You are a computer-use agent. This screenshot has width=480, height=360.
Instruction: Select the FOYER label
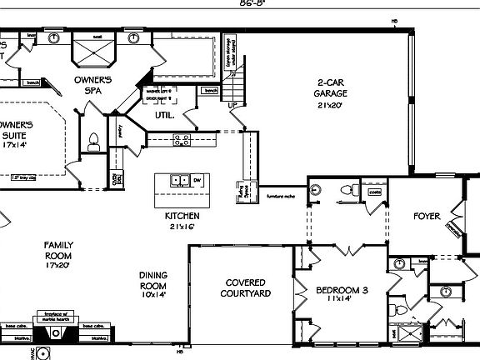427,217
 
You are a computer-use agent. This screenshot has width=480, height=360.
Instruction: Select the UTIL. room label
164,115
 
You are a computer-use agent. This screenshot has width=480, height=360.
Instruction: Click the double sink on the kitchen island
177,180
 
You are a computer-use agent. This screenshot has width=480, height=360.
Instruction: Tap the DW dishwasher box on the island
197,180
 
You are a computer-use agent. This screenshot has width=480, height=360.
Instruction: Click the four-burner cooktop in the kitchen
182,139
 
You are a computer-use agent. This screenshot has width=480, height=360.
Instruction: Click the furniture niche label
281,197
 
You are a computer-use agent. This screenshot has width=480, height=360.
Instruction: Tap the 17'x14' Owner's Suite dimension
15,145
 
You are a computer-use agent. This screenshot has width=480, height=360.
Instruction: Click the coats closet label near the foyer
375,191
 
